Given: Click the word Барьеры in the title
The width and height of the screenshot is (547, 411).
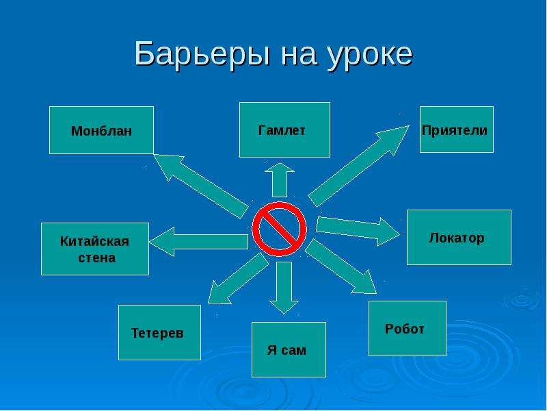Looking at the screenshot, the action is click(x=202, y=55).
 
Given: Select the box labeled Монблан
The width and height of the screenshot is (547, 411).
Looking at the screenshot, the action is click(x=101, y=130).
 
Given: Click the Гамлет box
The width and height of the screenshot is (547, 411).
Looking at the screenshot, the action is click(x=284, y=129).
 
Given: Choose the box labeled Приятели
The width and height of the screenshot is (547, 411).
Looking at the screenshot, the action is click(x=457, y=129).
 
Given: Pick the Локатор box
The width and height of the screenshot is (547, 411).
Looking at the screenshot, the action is click(x=459, y=237).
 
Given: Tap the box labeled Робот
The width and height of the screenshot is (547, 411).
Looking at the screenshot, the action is click(x=408, y=328).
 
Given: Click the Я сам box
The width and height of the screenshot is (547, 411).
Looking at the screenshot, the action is click(x=289, y=349).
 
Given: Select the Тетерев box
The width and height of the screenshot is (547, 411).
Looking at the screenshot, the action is click(x=159, y=332).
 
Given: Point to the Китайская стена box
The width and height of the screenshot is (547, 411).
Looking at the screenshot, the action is click(x=95, y=249).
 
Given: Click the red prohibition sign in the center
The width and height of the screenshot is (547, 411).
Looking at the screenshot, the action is click(x=279, y=229).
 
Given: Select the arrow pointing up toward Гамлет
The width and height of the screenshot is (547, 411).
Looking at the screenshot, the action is click(x=280, y=179).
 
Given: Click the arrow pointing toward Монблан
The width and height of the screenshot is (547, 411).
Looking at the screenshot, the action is click(x=201, y=186).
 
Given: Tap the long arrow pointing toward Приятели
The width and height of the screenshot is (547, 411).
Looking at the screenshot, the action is click(x=358, y=166).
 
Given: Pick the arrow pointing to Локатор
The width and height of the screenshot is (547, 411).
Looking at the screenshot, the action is click(x=358, y=231).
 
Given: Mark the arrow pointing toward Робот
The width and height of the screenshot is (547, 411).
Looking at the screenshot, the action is click(x=341, y=266).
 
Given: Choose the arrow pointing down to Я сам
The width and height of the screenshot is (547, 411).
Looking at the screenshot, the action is click(x=284, y=288).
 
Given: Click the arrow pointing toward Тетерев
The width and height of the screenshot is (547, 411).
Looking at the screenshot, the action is click(x=239, y=279).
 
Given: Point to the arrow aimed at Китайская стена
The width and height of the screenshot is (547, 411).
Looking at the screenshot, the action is click(x=199, y=242).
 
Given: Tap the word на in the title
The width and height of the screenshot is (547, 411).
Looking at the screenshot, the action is click(x=299, y=57).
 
